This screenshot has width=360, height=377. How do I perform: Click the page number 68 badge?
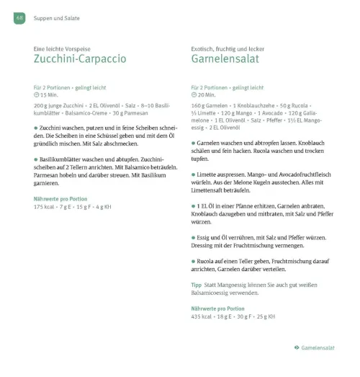pos(19,17)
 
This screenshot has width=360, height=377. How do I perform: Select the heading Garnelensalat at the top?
pos(225,58)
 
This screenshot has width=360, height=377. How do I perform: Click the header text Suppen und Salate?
pos(57,17)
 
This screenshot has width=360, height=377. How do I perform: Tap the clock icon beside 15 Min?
pos(37,95)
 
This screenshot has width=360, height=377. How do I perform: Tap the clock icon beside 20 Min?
pos(194,95)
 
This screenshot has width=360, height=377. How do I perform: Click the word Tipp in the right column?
pos(197,285)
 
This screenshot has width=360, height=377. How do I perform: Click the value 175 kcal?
pos(46,208)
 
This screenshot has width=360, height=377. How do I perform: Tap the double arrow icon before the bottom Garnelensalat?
pos(297,348)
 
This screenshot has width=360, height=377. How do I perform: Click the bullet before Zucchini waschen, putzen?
pos(36,127)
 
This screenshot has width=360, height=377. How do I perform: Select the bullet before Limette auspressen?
pos(194,174)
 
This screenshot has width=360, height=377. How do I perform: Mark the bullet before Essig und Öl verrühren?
pos(194,237)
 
